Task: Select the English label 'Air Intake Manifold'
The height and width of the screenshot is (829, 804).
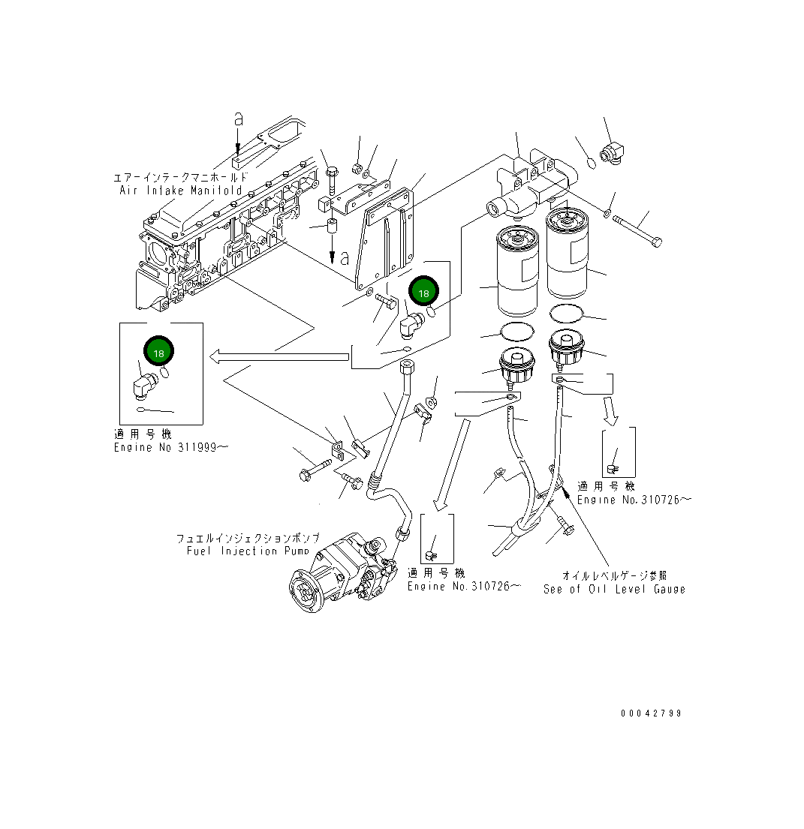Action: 181,191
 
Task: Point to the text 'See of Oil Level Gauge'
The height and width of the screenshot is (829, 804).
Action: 614,589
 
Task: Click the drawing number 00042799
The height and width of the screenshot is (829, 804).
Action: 651,713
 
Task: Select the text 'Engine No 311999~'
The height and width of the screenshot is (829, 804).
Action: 171,447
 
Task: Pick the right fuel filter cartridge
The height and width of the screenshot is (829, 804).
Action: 575,254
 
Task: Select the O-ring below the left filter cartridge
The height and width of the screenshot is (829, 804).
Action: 516,330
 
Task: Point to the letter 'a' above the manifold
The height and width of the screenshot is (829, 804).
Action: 239,119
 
